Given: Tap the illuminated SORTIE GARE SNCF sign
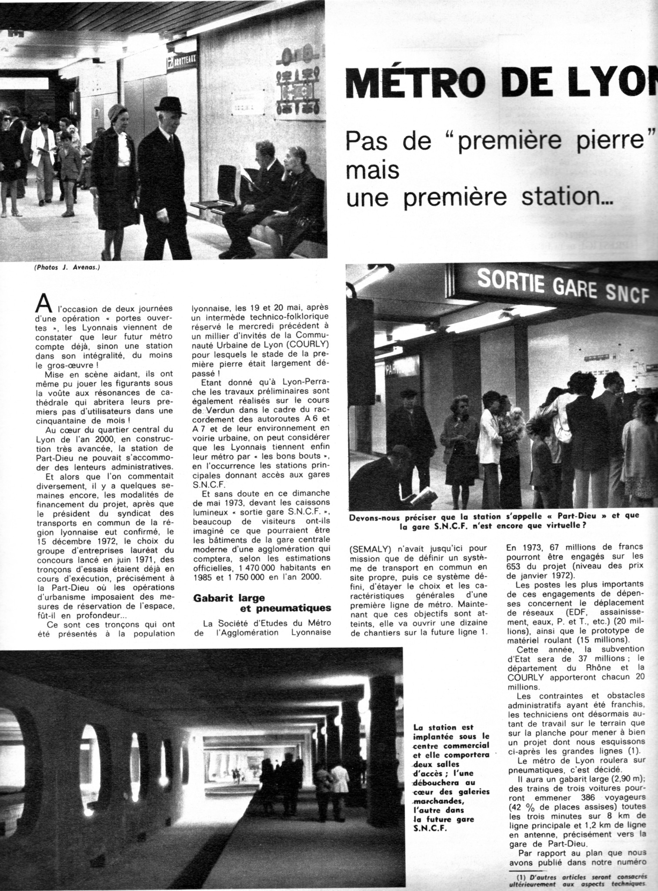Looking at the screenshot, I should click(563, 287).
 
